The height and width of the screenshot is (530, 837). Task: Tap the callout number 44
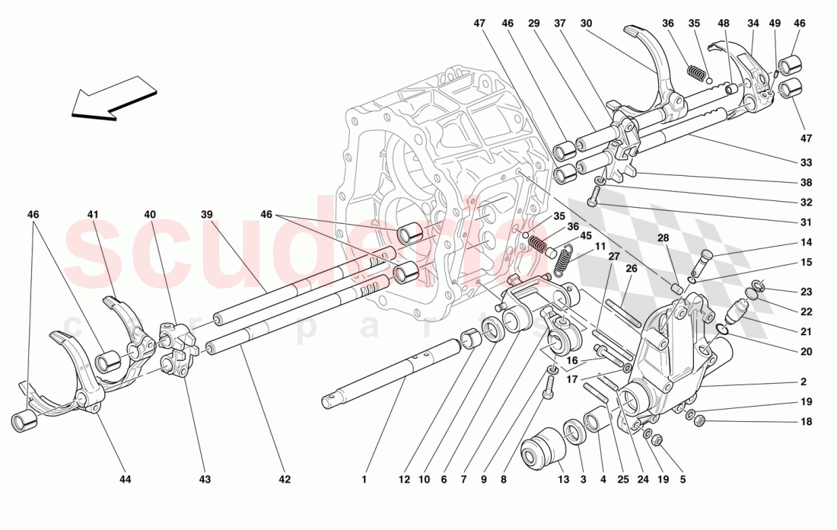pyautogui.click(x=125, y=480)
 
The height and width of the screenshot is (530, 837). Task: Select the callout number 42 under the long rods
pyautogui.click(x=284, y=480)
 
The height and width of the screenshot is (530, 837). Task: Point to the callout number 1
pyautogui.click(x=364, y=480)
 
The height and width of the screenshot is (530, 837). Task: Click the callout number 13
pyautogui.click(x=562, y=480)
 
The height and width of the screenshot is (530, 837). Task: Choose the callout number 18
pyautogui.click(x=806, y=422)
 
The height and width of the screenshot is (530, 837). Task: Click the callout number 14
pyautogui.click(x=806, y=243)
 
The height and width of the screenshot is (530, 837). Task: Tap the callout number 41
pyautogui.click(x=93, y=216)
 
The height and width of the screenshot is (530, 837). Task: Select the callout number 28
pyautogui.click(x=664, y=238)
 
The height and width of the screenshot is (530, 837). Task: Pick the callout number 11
pyautogui.click(x=600, y=246)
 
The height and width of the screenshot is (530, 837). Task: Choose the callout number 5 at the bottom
pyautogui.click(x=683, y=480)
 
